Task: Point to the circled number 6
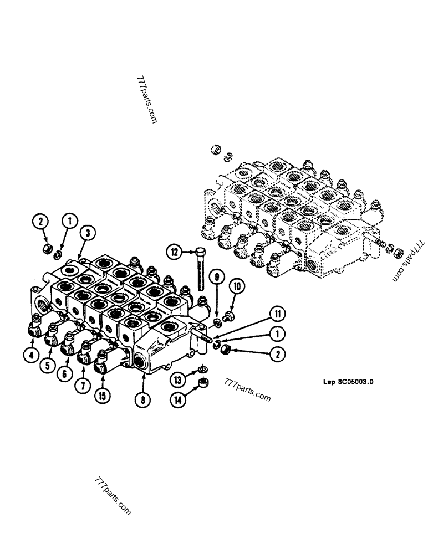(65, 374)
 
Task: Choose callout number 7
(82, 385)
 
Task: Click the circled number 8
(144, 397)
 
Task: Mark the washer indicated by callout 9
(217, 322)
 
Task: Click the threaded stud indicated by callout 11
(206, 334)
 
